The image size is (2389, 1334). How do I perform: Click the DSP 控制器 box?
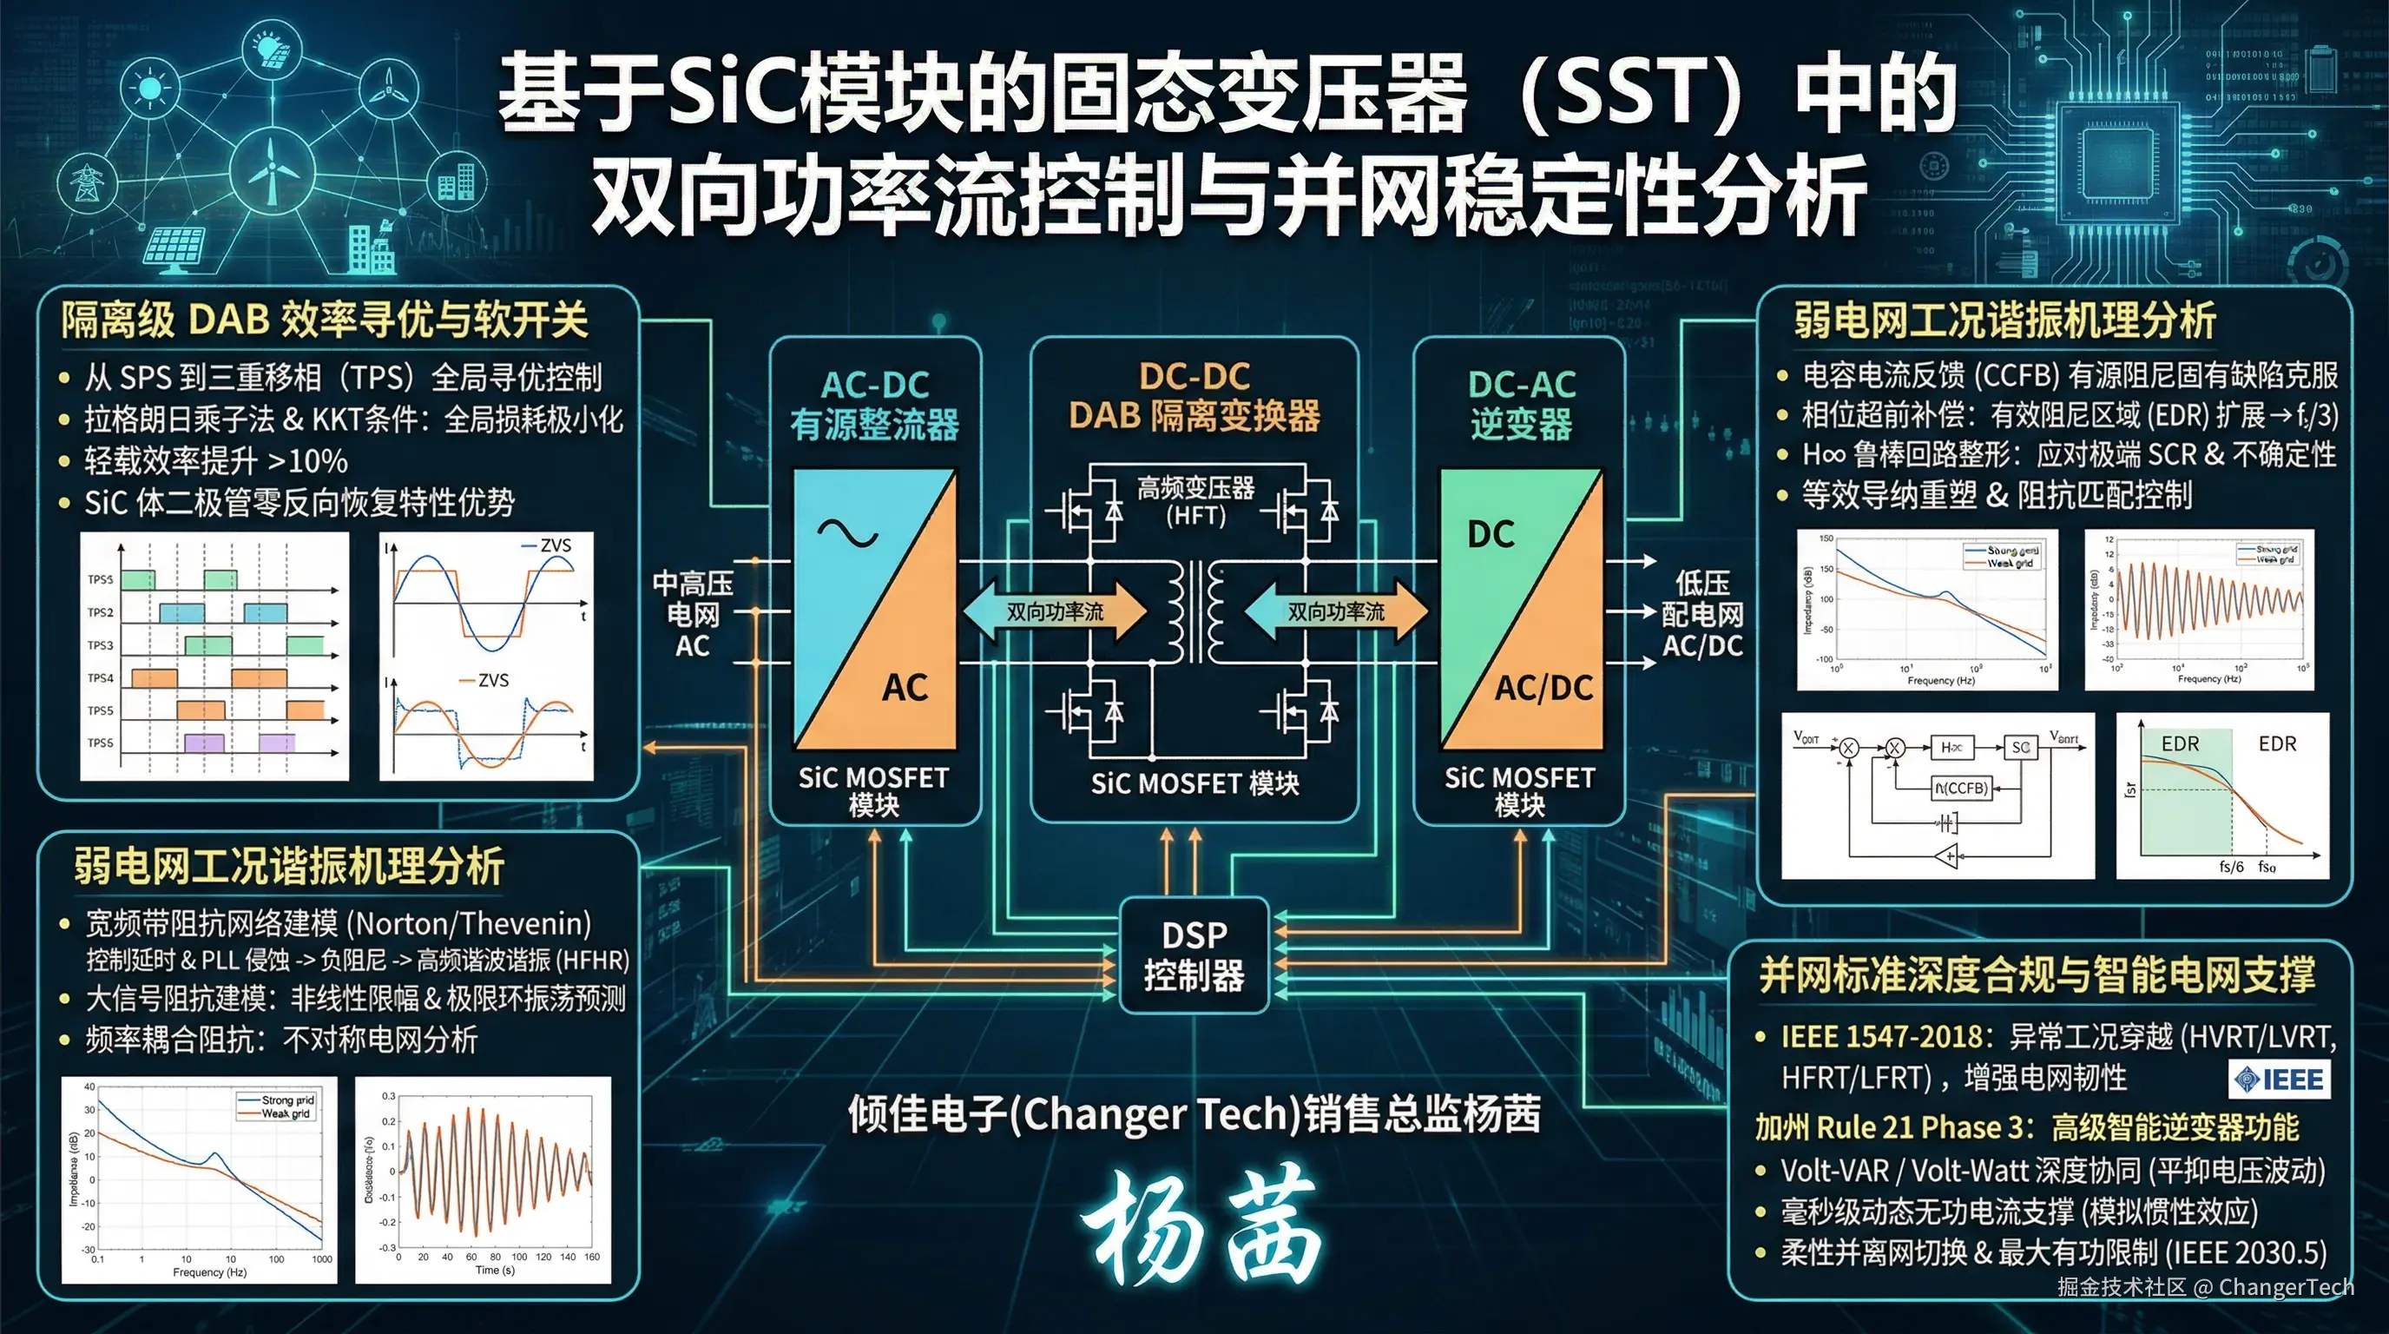1194,955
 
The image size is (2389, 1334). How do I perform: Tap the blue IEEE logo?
2280,1079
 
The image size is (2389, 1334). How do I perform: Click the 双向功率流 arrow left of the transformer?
1056,611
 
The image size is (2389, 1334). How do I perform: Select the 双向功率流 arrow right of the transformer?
1335,611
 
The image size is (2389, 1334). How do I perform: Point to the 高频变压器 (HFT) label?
1195,501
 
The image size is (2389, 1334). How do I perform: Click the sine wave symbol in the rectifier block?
846,533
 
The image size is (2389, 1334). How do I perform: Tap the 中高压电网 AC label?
692,614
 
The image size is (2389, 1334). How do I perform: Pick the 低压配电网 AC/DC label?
1701,614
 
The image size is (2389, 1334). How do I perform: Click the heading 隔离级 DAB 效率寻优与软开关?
325,320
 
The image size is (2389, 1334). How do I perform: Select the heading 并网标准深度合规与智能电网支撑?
2037,975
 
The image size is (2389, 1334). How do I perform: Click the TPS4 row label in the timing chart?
100,678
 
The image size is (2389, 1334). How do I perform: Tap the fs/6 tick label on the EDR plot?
2231,867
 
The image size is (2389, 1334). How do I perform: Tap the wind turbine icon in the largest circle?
272,172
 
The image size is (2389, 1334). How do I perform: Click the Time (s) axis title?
494,1270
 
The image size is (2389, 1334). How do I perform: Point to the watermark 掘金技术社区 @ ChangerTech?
2205,1287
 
